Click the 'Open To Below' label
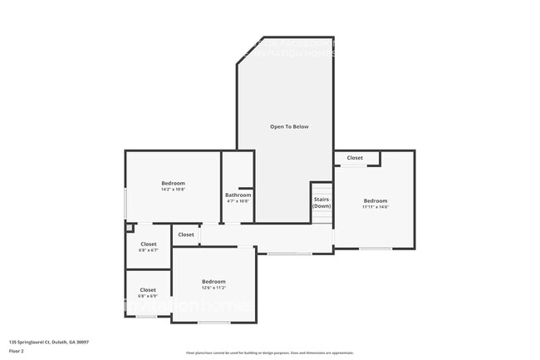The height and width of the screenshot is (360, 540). coord(288,126)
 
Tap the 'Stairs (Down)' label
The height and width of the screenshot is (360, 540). coord(322,202)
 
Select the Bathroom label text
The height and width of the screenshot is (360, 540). coord(238,195)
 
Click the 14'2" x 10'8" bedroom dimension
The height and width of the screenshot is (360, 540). coord(173,189)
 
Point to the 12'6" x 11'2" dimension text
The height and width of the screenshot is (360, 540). coord(214,288)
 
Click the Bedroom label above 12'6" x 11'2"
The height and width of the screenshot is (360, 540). coord(214,281)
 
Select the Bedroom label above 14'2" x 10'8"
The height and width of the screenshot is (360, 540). coord(173,183)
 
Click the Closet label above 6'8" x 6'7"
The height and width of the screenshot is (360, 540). coord(148,244)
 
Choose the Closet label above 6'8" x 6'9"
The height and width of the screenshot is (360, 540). coord(148,289)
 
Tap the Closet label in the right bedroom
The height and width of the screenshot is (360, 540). coord(355,157)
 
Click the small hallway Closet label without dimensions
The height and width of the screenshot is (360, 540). coord(186,234)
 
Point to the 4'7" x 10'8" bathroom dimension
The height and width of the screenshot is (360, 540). coord(238,201)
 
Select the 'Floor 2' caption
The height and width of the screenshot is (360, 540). coord(16,351)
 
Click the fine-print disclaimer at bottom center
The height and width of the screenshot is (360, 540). coord(269,353)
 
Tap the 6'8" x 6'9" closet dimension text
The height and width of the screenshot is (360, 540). coord(148,296)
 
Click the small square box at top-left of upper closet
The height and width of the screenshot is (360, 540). coord(129,227)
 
